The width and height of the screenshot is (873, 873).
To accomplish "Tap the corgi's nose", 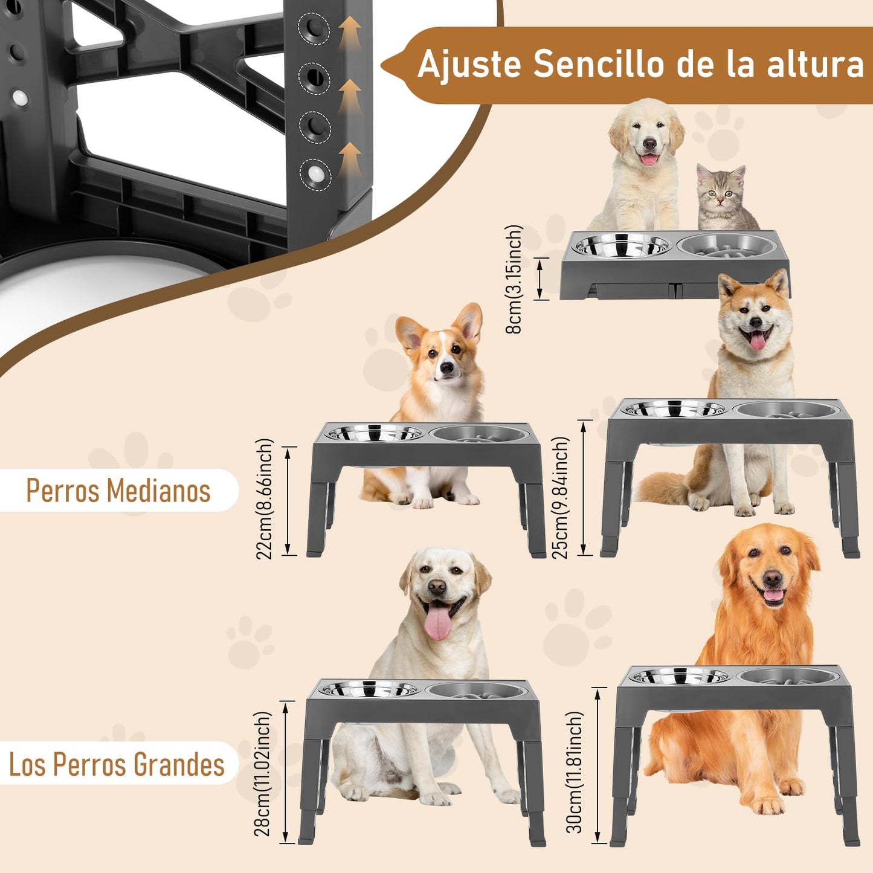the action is click(446, 368).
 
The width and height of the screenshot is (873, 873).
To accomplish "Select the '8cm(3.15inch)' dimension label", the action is click(514, 279).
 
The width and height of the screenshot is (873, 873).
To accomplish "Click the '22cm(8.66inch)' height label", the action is click(265, 499).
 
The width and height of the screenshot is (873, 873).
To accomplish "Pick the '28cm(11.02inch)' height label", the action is click(262, 774).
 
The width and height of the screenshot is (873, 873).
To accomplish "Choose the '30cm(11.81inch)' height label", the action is click(574, 772).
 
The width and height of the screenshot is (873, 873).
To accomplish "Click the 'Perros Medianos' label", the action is click(118, 490).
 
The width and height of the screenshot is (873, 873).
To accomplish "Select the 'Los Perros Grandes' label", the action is click(117, 765).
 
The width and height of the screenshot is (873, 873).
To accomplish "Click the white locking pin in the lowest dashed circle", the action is click(314, 174).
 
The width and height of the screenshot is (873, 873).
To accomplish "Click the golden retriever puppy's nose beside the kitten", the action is click(649, 144).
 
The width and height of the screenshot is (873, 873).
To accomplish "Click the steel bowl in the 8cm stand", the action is click(622, 245).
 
